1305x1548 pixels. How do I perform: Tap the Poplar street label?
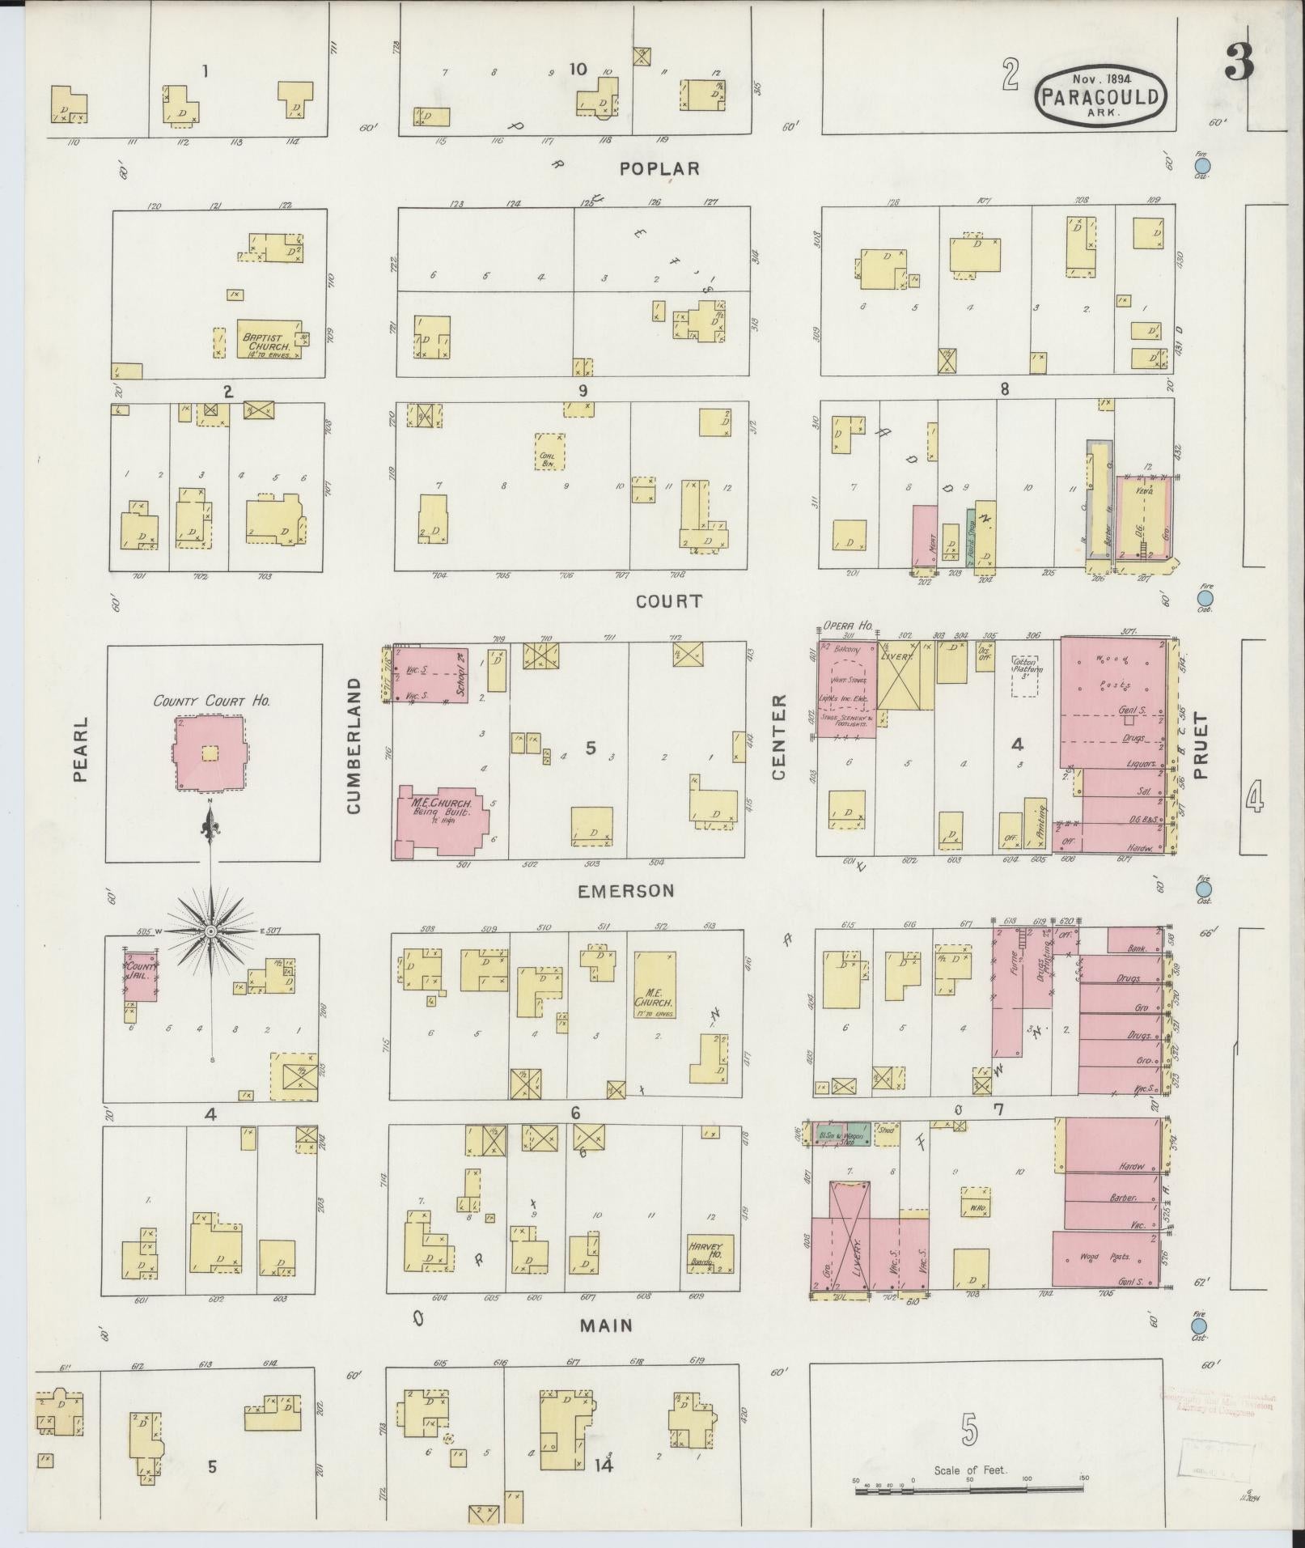coord(659,168)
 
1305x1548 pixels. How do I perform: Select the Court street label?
coord(668,601)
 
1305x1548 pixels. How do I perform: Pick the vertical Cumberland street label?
coord(354,746)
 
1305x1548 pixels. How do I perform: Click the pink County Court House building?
coord(210,752)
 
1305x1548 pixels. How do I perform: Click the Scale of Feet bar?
coord(969,1488)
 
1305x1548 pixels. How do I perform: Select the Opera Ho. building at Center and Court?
coord(845,689)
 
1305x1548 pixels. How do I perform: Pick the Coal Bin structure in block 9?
coord(549,451)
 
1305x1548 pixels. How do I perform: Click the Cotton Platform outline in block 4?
coord(1027,675)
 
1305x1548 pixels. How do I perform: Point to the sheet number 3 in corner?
coord(1237,62)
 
